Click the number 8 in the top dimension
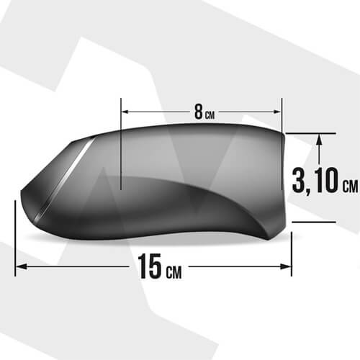pyautogui.click(x=199, y=112)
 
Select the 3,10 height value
pyautogui.click(x=315, y=180)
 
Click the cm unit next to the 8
pyautogui.click(x=210, y=114)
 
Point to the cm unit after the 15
pyautogui.click(x=174, y=272)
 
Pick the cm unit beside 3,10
pyautogui.click(x=350, y=186)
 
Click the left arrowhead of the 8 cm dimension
pyautogui.click(x=126, y=112)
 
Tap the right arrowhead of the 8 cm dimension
pyautogui.click(x=276, y=112)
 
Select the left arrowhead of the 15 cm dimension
pyautogui.click(x=21, y=266)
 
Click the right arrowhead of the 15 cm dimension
pyautogui.click(x=286, y=266)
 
